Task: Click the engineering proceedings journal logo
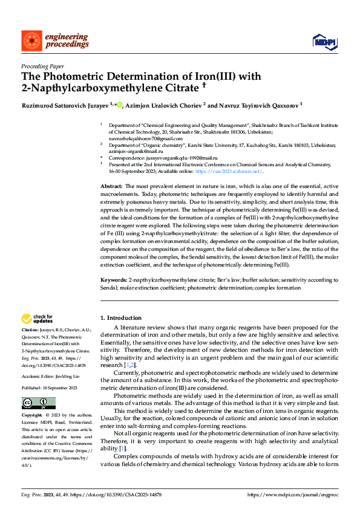(55, 41)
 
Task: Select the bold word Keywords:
(114, 280)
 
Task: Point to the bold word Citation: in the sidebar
(32, 330)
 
